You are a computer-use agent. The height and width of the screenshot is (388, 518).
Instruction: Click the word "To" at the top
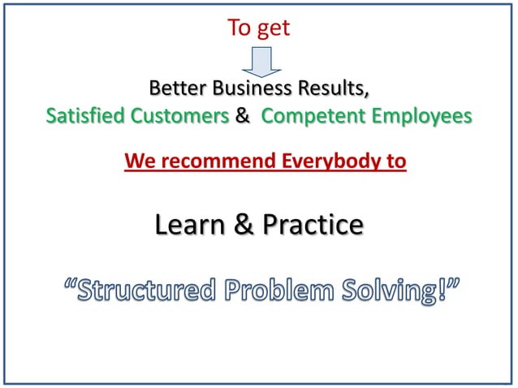(239, 28)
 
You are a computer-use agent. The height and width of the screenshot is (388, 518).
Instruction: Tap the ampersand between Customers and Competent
(242, 116)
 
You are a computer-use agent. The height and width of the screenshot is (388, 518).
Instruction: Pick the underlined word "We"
(139, 162)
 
